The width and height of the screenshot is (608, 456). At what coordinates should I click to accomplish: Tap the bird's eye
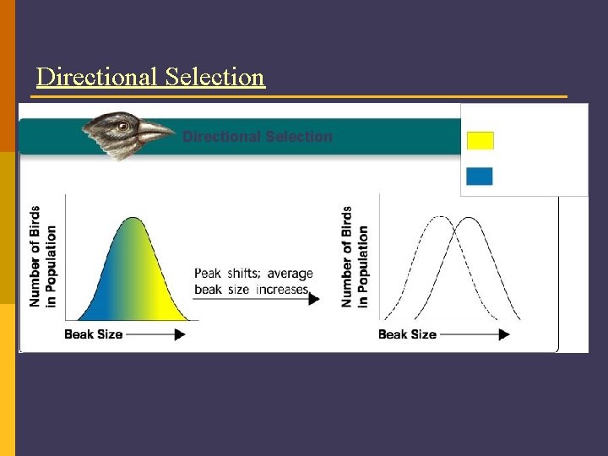(123, 126)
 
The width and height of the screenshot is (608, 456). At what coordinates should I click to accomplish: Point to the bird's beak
(156, 132)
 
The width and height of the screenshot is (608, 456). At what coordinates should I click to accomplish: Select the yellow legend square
(480, 140)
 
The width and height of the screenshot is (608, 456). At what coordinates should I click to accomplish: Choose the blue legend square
(480, 176)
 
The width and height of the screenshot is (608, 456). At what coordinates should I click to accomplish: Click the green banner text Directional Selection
(258, 137)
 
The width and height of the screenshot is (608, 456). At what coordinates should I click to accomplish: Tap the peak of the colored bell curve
(132, 219)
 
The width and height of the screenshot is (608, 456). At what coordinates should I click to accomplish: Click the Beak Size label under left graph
(94, 334)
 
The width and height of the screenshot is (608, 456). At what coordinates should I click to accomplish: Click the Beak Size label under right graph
(407, 334)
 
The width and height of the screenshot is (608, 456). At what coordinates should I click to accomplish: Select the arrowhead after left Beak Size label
(179, 334)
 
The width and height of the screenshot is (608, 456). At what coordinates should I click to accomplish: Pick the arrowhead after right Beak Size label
(503, 334)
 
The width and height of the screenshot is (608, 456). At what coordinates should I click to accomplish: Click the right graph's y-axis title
(355, 256)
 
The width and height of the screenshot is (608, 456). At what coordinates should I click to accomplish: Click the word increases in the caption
(284, 289)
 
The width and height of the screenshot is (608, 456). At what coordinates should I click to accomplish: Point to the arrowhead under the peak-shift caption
(314, 299)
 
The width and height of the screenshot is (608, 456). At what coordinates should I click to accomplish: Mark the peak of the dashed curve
(440, 218)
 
